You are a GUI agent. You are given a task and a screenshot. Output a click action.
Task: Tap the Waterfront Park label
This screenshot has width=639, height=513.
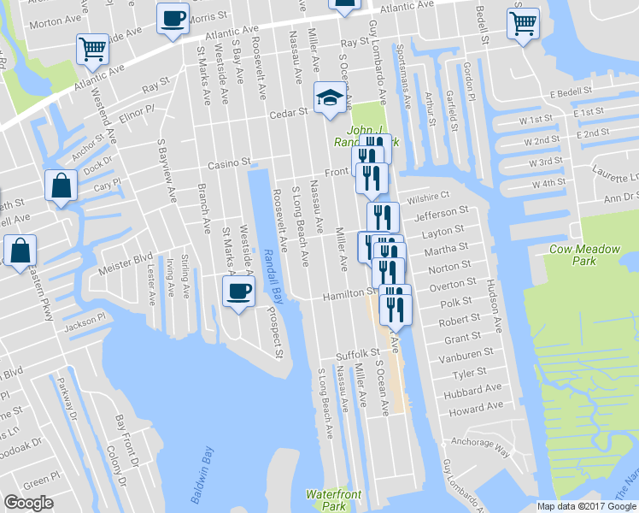[x=334, y=500]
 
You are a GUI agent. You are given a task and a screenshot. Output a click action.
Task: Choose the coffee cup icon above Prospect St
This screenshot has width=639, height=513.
[x=237, y=291]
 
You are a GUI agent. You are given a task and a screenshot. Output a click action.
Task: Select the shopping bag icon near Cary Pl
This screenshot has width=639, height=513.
[x=62, y=186]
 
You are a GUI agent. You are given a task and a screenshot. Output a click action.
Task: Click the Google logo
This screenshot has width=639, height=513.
[x=28, y=503]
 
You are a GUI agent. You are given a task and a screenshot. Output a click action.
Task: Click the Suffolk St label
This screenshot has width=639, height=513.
[x=357, y=353]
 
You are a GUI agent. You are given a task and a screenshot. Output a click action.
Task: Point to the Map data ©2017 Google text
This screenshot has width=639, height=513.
[x=587, y=506]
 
